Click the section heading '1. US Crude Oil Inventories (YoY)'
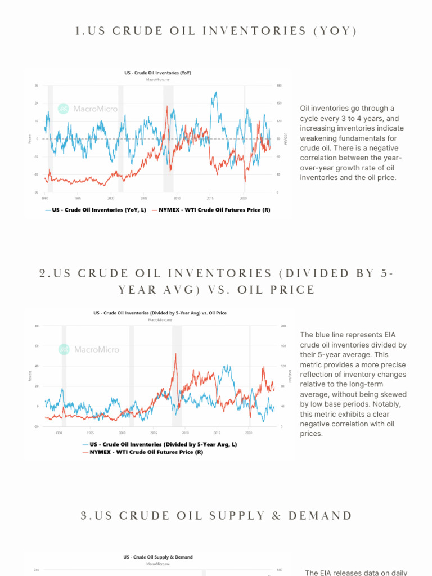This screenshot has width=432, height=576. coord(216,31)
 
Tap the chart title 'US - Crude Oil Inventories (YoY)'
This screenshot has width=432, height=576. coord(157,73)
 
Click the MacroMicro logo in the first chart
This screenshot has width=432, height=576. coord(88,109)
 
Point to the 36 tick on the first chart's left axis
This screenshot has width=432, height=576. coord(37,85)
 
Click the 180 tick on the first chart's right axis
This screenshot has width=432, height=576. coord(279,85)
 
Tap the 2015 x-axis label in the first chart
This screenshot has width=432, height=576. coord(210,198)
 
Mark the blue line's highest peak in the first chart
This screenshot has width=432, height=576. coord(214,93)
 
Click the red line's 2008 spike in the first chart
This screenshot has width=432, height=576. coord(167,106)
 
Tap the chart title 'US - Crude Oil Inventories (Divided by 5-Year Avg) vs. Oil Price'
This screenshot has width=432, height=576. coord(160,313)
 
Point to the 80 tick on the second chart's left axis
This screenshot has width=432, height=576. coord(37,326)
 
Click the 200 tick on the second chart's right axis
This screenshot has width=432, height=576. coord(283,326)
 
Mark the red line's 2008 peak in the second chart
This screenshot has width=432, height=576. coord(176,354)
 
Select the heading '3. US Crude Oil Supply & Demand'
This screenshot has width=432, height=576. coord(216,516)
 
